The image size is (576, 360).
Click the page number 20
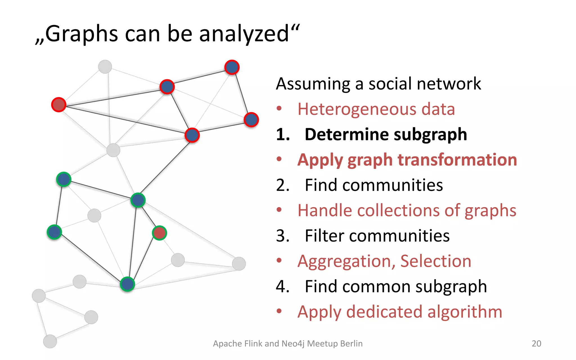click(536, 343)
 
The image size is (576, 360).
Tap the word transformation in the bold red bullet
click(457, 160)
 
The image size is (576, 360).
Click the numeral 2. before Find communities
click(283, 185)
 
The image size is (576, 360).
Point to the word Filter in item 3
click(324, 236)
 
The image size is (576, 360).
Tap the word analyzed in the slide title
click(244, 34)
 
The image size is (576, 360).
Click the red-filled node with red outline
click(58, 105)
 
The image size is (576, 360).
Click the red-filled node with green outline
click(159, 233)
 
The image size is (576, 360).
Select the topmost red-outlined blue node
click(232, 67)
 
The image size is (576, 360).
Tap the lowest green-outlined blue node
click(127, 284)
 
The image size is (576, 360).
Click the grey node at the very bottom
click(50, 341)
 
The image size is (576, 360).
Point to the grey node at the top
click(105, 67)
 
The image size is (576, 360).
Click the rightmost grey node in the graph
click(239, 264)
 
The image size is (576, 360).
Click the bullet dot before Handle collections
click(279, 210)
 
